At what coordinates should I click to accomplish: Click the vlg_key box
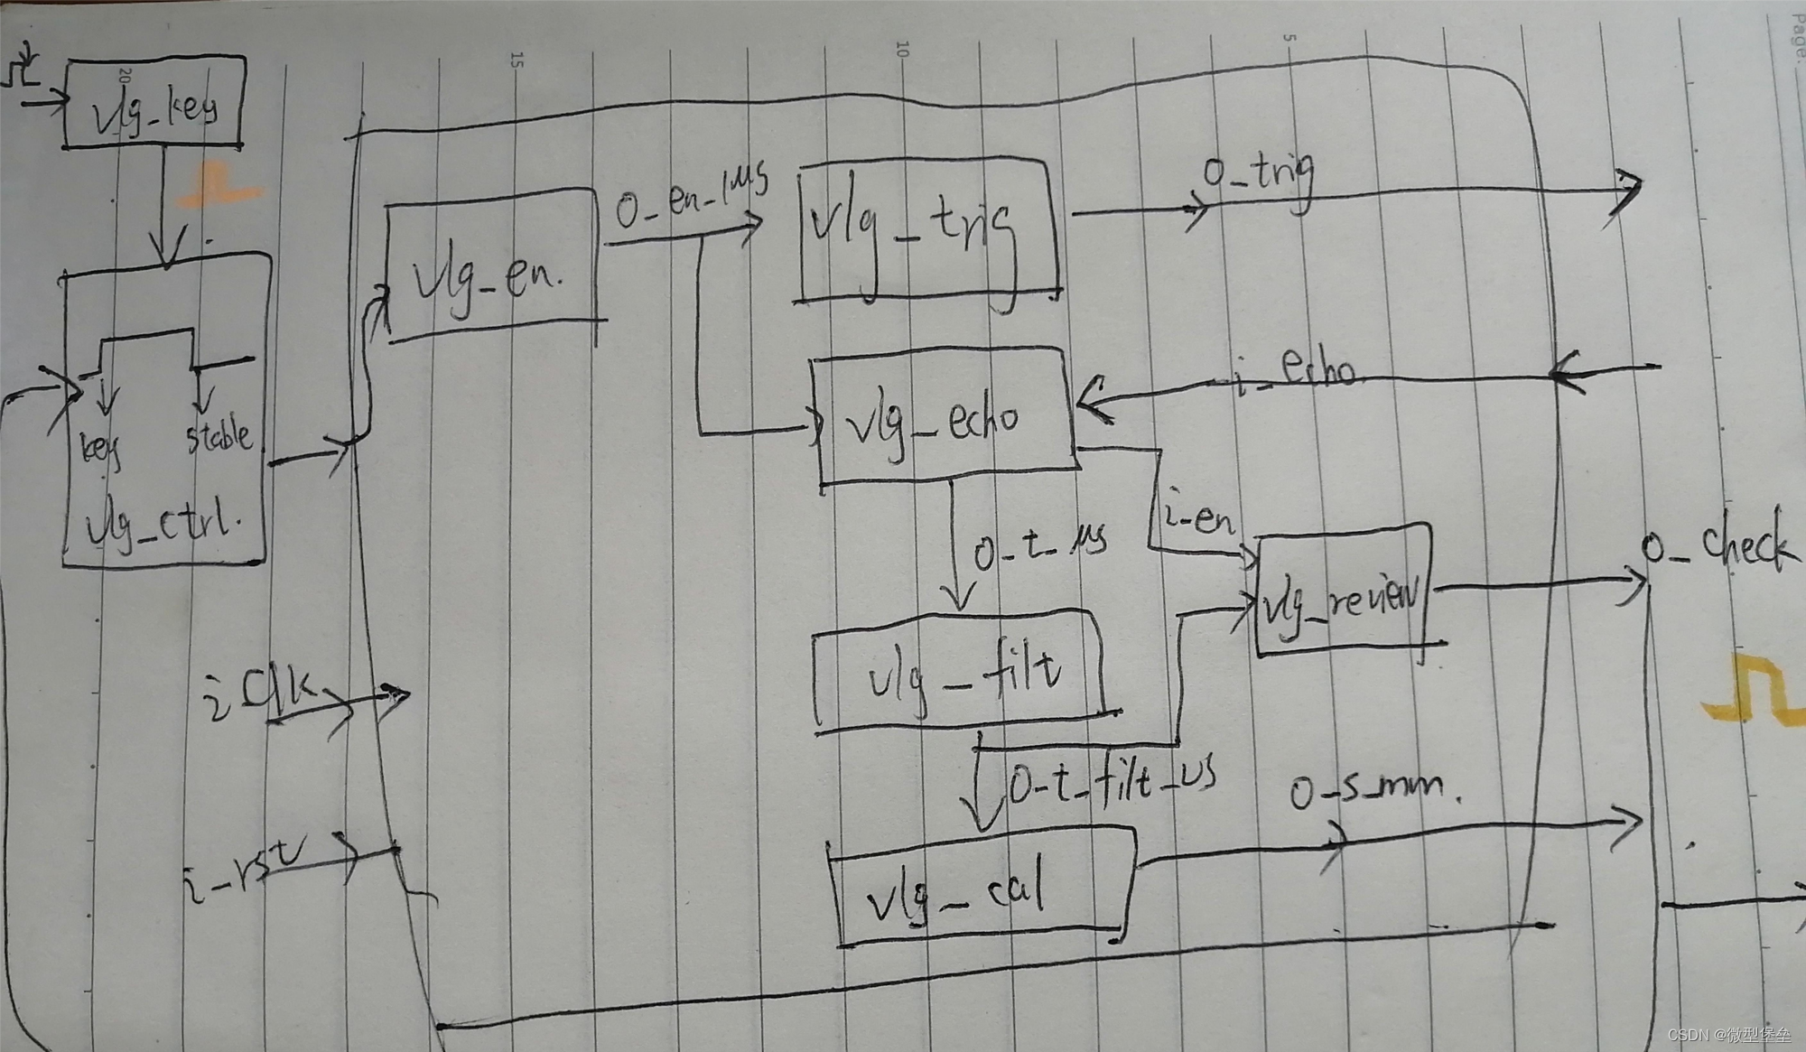click(x=154, y=103)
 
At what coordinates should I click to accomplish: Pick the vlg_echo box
click(x=944, y=416)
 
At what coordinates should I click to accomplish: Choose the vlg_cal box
click(x=980, y=888)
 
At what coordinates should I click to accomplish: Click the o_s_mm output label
click(x=1373, y=790)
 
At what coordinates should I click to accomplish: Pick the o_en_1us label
click(x=691, y=195)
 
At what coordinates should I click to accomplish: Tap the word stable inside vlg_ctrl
click(x=219, y=436)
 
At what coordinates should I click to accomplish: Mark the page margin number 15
click(x=517, y=61)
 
